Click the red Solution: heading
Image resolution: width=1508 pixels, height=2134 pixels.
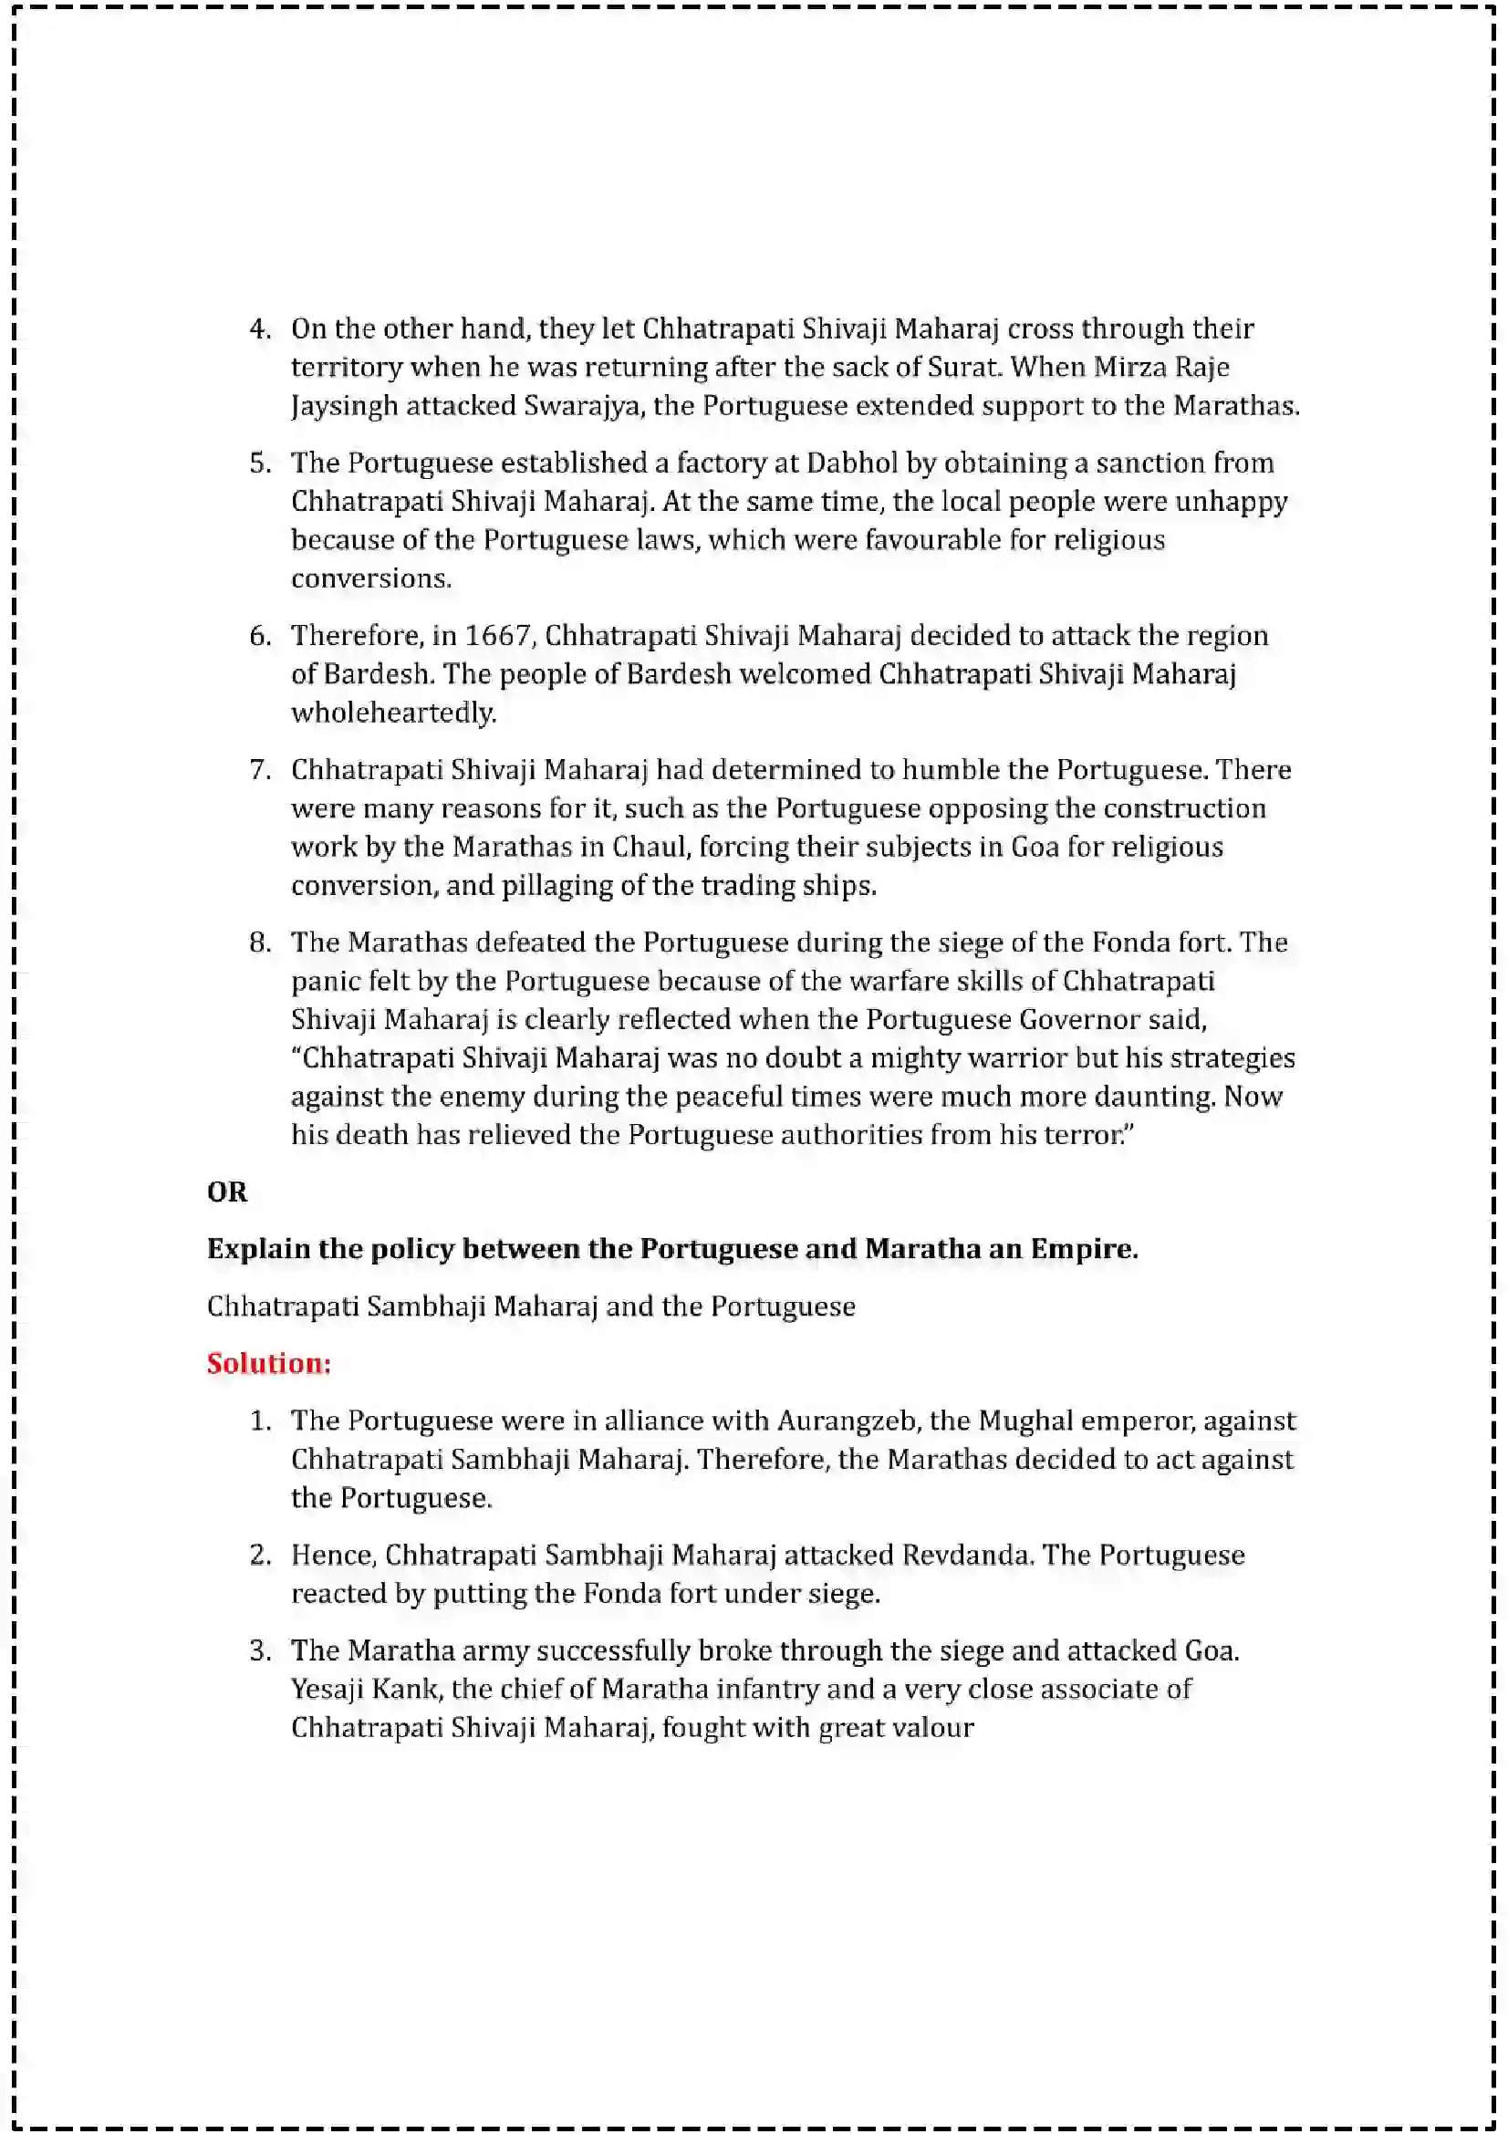pyautogui.click(x=268, y=1363)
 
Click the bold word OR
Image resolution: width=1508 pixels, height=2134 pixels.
pyautogui.click(x=227, y=1192)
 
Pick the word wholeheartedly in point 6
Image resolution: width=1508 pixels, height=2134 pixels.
pyautogui.click(x=393, y=713)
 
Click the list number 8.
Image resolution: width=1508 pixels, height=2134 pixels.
pyautogui.click(x=259, y=942)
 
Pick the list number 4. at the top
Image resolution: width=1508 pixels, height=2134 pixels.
pyautogui.click(x=259, y=329)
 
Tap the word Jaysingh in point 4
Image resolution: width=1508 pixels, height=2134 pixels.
pyautogui.click(x=344, y=406)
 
